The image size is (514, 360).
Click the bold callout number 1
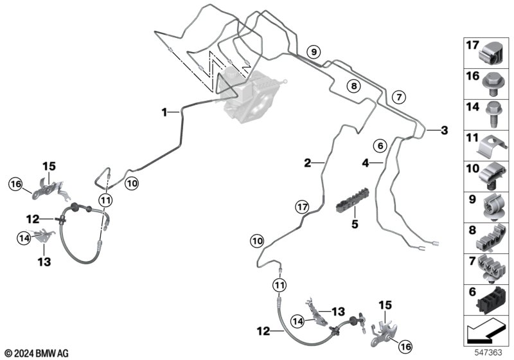[x=165, y=113]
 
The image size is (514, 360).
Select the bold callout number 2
[x=308, y=163]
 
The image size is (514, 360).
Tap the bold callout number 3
[x=444, y=130]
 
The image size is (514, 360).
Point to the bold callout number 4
[x=366, y=163]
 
